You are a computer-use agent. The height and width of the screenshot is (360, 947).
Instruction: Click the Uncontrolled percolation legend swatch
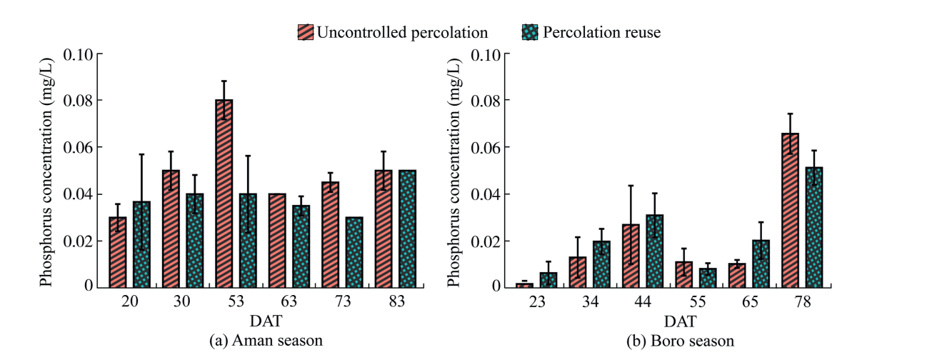tap(305, 32)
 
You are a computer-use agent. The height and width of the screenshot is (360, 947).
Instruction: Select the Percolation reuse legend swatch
tap(531, 32)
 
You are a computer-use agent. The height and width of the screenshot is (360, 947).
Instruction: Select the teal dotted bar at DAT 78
tap(813, 226)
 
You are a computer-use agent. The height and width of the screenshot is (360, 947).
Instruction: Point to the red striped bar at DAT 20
tap(118, 251)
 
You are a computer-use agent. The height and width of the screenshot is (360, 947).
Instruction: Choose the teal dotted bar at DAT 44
tap(655, 251)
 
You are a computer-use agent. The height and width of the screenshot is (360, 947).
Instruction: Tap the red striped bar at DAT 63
tap(277, 240)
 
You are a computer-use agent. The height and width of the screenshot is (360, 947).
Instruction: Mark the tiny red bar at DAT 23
tap(525, 284)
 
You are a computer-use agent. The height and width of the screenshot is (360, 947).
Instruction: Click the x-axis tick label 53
tap(236, 302)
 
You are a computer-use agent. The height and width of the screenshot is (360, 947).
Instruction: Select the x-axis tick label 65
tap(749, 302)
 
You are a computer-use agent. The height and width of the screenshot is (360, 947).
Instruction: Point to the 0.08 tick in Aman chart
tap(81, 100)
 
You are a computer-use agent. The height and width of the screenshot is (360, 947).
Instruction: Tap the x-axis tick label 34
tap(590, 302)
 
